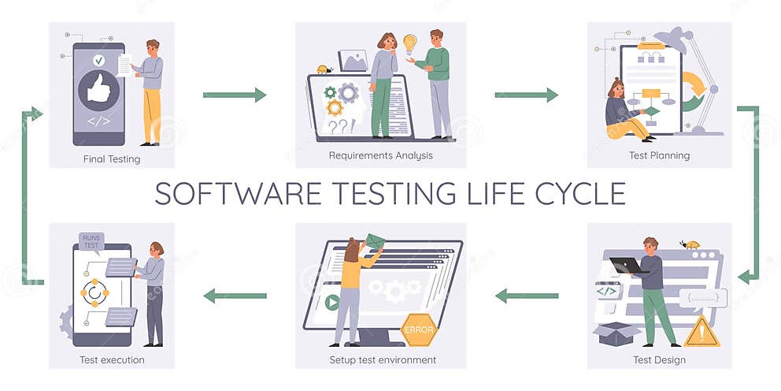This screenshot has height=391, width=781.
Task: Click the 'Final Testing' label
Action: point(112,159)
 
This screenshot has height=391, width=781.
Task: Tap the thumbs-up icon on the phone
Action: point(98,90)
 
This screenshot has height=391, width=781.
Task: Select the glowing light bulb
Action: point(409,43)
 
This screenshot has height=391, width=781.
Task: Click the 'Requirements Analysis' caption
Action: point(380,156)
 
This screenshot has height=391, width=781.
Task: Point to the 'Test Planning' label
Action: point(659,156)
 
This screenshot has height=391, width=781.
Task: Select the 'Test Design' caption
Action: point(659,360)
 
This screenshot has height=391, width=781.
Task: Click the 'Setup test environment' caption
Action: point(383,360)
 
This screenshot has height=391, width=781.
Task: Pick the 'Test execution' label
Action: point(112,360)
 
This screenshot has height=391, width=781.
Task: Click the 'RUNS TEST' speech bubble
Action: point(91,240)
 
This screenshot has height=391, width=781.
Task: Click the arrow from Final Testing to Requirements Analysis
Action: point(235,95)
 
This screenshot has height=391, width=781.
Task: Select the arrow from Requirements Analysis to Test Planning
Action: point(526,95)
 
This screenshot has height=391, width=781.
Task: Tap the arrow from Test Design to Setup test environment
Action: point(526,296)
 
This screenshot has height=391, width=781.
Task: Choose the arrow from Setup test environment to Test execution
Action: point(235,296)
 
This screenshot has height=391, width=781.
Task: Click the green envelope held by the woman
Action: point(375,241)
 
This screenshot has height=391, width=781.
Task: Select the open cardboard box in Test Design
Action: point(616,334)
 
